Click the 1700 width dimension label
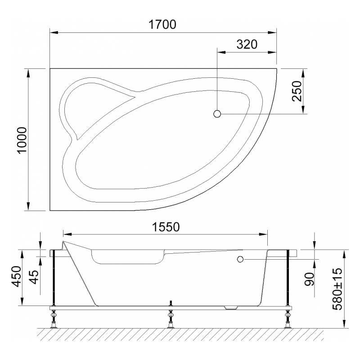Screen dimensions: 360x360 coord(162,25)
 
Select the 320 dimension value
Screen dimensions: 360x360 coord(247,44)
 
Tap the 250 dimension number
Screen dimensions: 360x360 coord(297,91)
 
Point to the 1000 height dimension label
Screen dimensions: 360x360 coord(22,139)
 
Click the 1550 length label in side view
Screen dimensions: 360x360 coord(166,227)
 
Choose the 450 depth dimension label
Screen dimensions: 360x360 coord(17,276)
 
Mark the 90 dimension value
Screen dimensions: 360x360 coord(309,279)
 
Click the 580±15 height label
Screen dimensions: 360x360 coord(337,288)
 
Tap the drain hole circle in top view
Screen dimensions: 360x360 coord(217,114)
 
